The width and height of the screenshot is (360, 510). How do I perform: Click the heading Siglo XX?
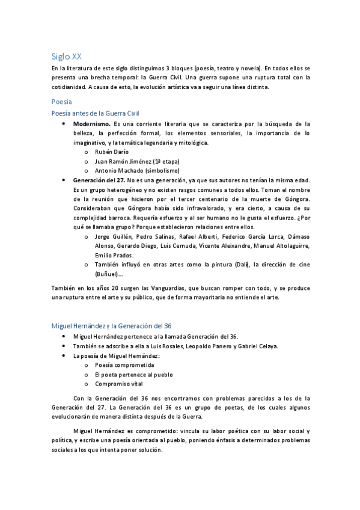tap(67, 57)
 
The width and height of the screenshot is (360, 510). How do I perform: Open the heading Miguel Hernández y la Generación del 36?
tap(112, 325)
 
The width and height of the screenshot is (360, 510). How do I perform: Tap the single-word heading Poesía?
tap(62, 102)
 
